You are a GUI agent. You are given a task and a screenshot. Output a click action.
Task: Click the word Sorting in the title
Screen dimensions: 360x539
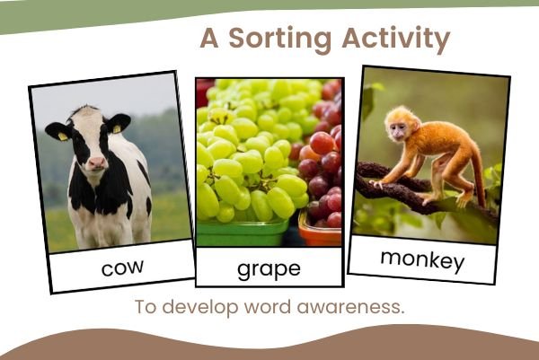click(x=279, y=40)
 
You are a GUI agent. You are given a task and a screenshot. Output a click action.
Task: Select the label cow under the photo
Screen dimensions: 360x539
click(x=122, y=267)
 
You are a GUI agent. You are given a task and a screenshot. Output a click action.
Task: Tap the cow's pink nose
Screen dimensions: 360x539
click(x=96, y=164)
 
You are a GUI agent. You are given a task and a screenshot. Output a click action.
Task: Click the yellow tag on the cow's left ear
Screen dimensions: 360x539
click(x=116, y=129)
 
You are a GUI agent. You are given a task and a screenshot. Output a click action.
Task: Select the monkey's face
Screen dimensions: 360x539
click(x=395, y=127)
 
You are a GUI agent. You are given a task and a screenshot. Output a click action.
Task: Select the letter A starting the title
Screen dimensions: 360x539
click(x=208, y=40)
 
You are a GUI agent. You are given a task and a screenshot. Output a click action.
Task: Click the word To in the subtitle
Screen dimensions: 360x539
click(x=146, y=306)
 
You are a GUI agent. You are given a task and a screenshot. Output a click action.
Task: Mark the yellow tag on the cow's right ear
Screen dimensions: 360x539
click(x=62, y=136)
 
